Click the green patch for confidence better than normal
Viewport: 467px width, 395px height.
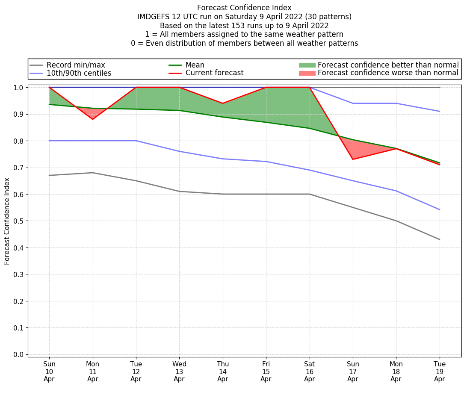click(x=307, y=65)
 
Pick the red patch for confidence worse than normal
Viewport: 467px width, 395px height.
click(x=307, y=73)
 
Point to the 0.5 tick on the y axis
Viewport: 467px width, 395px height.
click(x=19, y=221)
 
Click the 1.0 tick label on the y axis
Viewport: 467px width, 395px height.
click(x=19, y=88)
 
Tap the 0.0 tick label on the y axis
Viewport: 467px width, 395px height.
click(x=19, y=354)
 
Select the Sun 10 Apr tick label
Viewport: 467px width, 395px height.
click(x=49, y=371)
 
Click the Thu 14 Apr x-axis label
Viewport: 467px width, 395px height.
click(x=222, y=371)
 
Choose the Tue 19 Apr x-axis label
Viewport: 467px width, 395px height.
click(x=439, y=371)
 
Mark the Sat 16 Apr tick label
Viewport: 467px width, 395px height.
click(x=309, y=371)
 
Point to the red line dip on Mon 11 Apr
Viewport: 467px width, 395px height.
click(x=93, y=119)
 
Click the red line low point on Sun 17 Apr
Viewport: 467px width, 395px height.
click(x=353, y=159)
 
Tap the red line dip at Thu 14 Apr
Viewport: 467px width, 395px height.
click(x=222, y=103)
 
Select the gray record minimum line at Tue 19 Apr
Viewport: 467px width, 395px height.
click(x=439, y=239)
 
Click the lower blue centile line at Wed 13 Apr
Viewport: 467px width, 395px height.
click(x=179, y=151)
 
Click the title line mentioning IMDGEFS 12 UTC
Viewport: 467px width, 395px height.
click(x=244, y=17)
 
